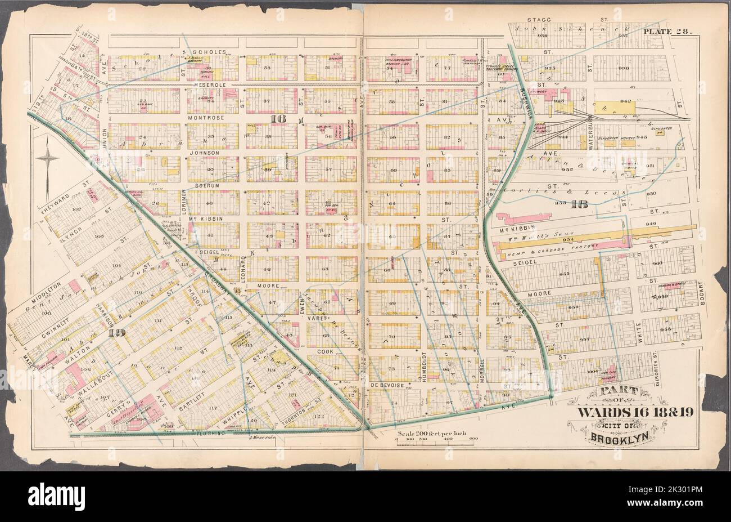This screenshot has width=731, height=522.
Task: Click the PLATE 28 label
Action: coord(670,32)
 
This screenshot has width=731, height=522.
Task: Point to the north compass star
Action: coord(47,160)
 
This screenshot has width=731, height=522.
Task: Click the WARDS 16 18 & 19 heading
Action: coord(635,412)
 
